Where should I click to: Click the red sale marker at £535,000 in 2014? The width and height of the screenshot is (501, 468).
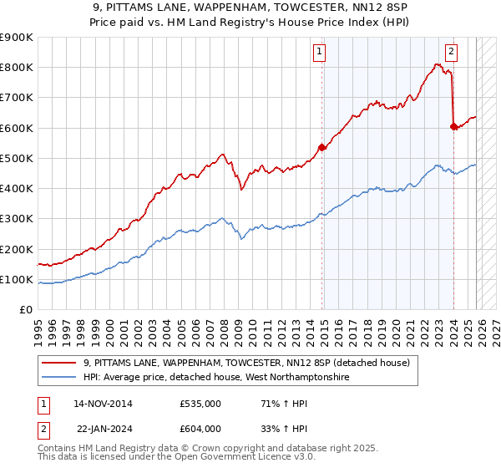pyautogui.click(x=321, y=148)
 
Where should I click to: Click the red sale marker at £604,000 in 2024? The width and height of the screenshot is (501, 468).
pyautogui.click(x=453, y=127)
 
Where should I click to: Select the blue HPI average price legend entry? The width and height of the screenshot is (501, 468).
pyautogui.click(x=215, y=378)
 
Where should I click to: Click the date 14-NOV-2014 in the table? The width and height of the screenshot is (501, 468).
pyautogui.click(x=103, y=404)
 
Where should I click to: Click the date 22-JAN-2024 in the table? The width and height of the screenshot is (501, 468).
pyautogui.click(x=103, y=429)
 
